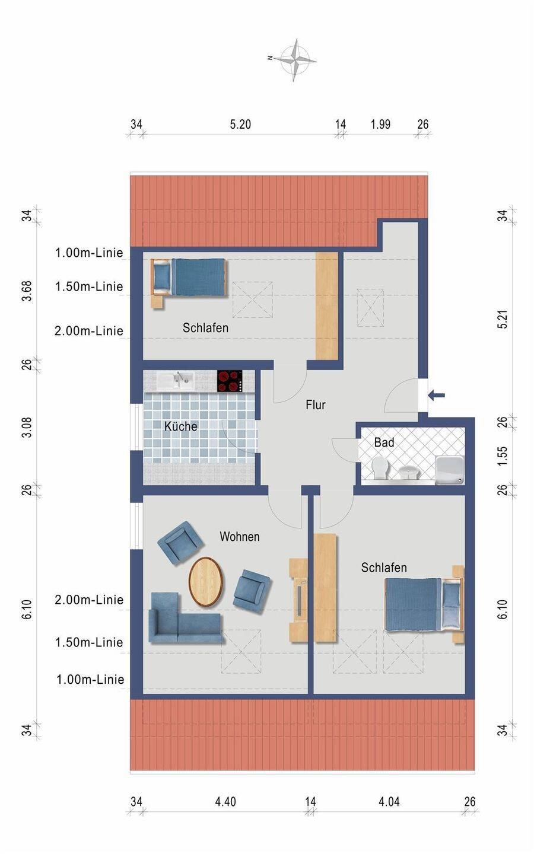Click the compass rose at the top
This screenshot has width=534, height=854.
coord(295,59)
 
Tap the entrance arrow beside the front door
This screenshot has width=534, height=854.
coord(436,396)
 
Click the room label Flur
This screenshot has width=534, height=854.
coord(316,405)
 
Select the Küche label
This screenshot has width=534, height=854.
coord(181,426)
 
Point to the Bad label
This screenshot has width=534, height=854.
coord(384,442)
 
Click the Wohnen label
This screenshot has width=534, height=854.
coord(240,537)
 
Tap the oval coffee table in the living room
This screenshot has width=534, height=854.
coord(206,582)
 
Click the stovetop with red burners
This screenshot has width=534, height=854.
coord(230,381)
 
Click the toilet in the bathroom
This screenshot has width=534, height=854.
coord(380,469)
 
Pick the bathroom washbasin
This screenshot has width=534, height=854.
coord(408,473)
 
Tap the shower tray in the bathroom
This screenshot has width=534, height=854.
coord(450,471)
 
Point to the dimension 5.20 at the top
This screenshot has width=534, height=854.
coord(240,125)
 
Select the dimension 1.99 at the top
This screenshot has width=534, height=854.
coord(380,125)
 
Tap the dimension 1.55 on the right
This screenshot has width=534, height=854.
coord(503,455)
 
